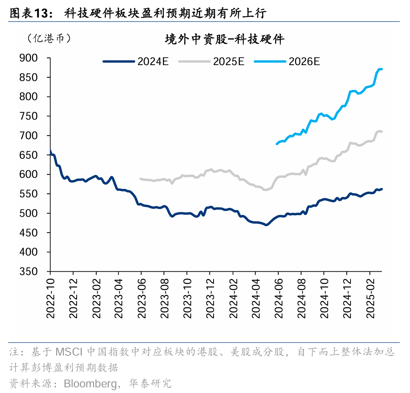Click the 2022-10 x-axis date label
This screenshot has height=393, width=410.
tap(50, 299)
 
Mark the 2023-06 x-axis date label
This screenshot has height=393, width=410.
tap(141, 299)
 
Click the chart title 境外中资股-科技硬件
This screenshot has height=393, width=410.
tap(224, 39)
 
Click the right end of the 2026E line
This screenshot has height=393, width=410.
tap(381, 69)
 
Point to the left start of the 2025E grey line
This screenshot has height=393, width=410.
tap(141, 179)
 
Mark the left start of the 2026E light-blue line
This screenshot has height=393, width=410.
tap(277, 144)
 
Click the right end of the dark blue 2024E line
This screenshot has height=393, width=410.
tap(381, 189)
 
